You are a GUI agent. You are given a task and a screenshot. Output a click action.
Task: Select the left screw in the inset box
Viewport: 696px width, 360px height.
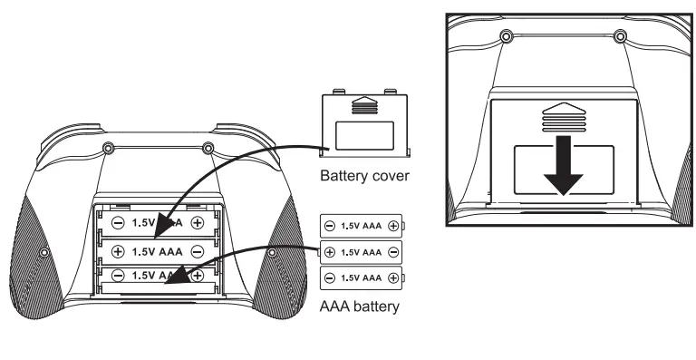point(506,37)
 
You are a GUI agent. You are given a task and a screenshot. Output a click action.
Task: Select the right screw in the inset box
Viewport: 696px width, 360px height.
point(620,37)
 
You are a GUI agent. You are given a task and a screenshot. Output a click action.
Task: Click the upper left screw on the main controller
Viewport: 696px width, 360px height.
point(108,148)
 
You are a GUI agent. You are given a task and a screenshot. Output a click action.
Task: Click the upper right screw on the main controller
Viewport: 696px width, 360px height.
point(208,148)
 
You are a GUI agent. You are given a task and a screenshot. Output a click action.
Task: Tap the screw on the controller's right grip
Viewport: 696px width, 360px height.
point(271,251)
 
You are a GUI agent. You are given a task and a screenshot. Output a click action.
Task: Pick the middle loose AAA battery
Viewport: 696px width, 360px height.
point(361,251)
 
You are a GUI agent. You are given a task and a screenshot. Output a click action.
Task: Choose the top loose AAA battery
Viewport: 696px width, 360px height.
point(361,226)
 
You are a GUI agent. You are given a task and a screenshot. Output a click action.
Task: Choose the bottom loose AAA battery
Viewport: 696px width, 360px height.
point(361,277)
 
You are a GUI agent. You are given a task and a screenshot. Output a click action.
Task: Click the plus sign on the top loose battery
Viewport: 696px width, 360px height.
point(392,226)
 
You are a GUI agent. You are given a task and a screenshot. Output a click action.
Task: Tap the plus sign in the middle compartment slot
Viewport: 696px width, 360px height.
point(118,248)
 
